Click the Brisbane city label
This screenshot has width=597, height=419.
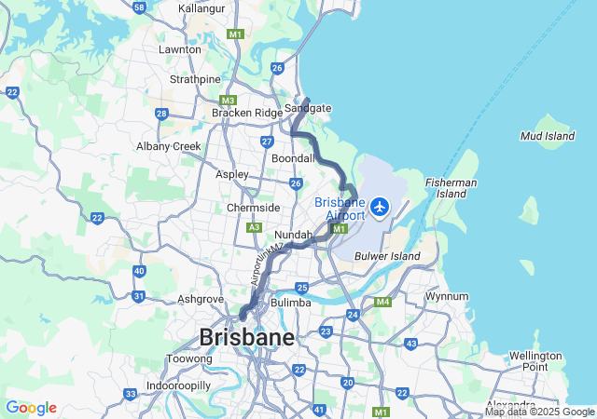[x=246, y=336]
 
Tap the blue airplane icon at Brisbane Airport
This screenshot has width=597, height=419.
[x=381, y=206]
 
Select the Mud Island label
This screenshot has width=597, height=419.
[x=548, y=136]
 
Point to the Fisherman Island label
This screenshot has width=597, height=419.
[x=451, y=188]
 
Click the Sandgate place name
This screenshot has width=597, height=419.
[x=308, y=108]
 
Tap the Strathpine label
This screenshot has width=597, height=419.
[x=195, y=79]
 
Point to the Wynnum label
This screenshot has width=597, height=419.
[x=446, y=296]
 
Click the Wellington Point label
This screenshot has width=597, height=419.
[x=535, y=361]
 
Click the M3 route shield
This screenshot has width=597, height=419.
[x=229, y=100]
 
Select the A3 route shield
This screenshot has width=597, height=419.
[x=254, y=226]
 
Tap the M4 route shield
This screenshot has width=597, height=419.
[x=382, y=302]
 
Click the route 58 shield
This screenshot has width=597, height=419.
[x=139, y=7]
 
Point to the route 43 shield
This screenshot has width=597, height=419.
[x=411, y=344]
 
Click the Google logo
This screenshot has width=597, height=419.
[x=31, y=408]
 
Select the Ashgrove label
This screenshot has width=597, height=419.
[x=201, y=299]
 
